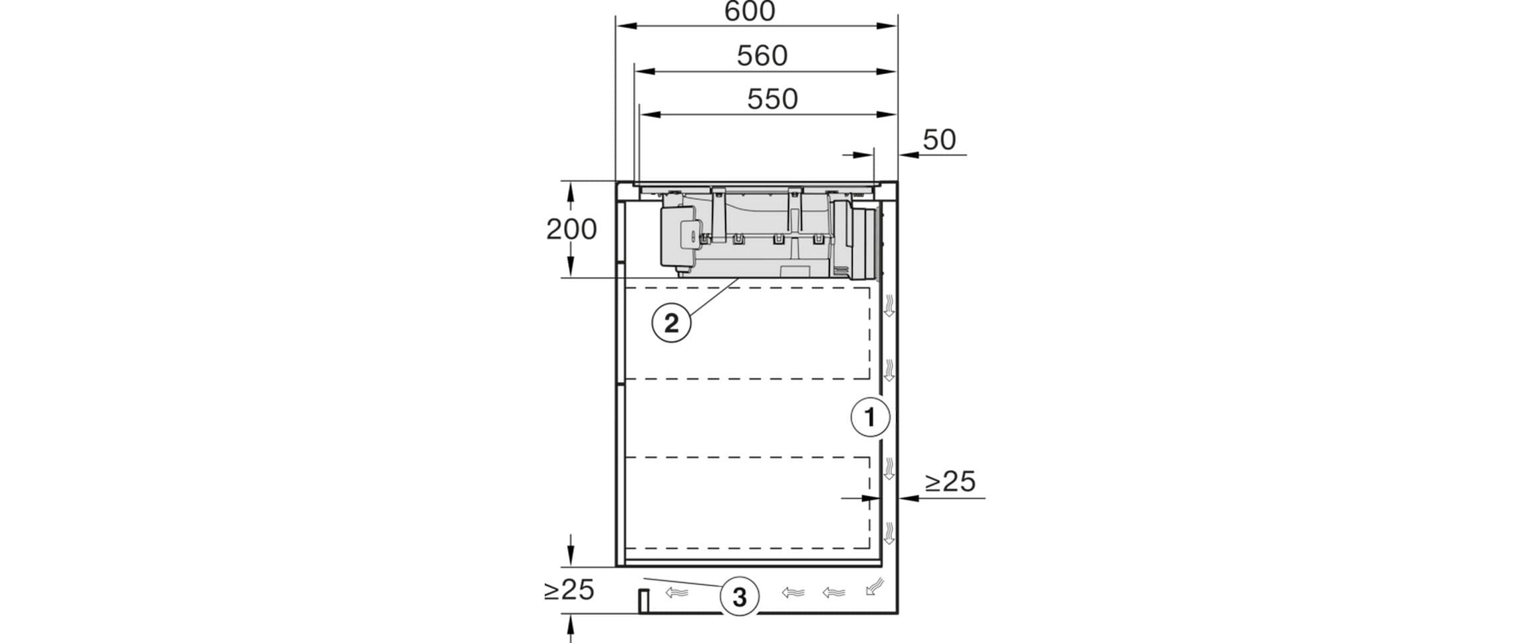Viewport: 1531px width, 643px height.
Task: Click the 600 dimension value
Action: click(750, 11)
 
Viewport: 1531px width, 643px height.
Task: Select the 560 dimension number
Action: click(762, 56)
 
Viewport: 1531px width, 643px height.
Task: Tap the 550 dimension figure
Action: click(772, 99)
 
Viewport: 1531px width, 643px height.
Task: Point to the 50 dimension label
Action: click(939, 140)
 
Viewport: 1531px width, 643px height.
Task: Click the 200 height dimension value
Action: click(571, 230)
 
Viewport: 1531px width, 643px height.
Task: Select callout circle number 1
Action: click(870, 417)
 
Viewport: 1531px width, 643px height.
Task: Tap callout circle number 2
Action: click(671, 323)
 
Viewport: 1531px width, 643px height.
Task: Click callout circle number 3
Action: click(740, 597)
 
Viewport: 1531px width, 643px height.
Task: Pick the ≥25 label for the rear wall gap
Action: click(950, 481)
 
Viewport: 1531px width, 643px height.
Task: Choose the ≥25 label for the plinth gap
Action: click(569, 590)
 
